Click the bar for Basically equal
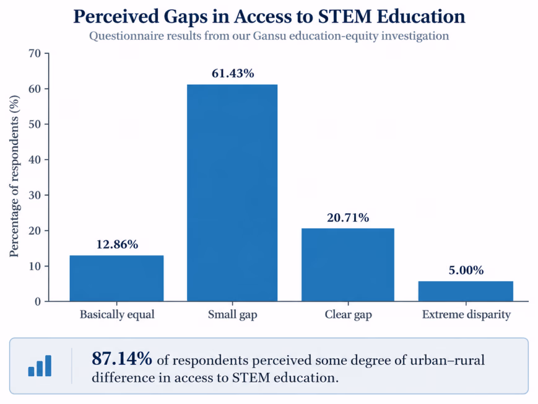(x=116, y=278)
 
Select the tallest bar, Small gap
(x=232, y=193)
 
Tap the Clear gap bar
(x=348, y=265)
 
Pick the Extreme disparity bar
(x=466, y=291)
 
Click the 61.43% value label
(x=233, y=73)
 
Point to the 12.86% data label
(x=117, y=244)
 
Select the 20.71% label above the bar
(x=348, y=217)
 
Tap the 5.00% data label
(x=466, y=270)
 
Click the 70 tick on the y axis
(x=35, y=53)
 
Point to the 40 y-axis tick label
(x=35, y=159)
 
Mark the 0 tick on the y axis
(x=38, y=302)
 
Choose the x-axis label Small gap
(x=232, y=315)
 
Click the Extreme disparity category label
(x=466, y=315)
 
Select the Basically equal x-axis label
(x=117, y=315)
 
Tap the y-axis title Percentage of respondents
(x=14, y=176)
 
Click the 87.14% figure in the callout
(x=122, y=359)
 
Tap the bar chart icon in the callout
(x=40, y=366)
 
